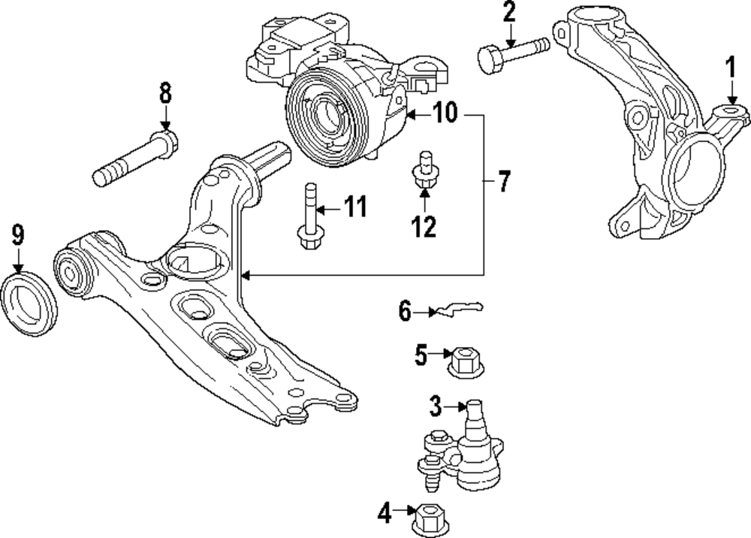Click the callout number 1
tap(729, 71)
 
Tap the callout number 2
tap(509, 13)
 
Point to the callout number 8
tap(164, 94)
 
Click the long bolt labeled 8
tap(135, 159)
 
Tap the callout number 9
tap(17, 234)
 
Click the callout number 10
tap(445, 114)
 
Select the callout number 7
tap(503, 181)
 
